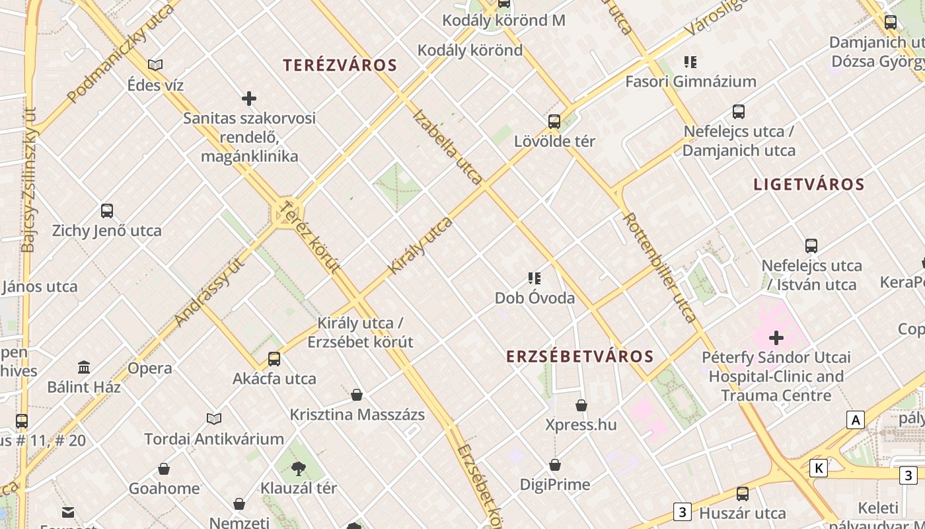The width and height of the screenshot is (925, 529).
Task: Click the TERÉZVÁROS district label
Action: tap(340, 65)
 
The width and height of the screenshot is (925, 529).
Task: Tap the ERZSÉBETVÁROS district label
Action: tap(579, 356)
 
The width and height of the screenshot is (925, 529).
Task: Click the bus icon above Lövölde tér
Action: tap(554, 122)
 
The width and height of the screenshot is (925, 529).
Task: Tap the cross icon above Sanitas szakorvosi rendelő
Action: tap(249, 99)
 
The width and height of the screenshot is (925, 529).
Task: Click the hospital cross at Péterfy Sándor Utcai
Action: tap(776, 339)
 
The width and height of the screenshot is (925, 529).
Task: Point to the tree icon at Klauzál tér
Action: tap(299, 469)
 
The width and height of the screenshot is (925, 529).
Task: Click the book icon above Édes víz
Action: tap(155, 65)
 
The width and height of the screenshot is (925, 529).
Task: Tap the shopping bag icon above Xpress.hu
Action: tap(581, 405)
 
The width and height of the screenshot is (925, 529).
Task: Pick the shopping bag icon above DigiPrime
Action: tap(555, 466)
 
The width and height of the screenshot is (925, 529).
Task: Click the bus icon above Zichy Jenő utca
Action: tap(107, 211)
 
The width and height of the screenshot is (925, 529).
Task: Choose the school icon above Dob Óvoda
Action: tap(535, 278)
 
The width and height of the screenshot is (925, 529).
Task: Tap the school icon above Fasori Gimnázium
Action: tap(690, 62)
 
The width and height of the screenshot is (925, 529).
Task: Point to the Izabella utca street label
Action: tap(447, 146)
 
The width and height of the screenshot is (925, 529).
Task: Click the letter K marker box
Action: tap(819, 469)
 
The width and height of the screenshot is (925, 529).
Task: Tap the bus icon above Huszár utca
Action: tap(743, 494)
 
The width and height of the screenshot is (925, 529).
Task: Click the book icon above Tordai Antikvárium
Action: tap(214, 419)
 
